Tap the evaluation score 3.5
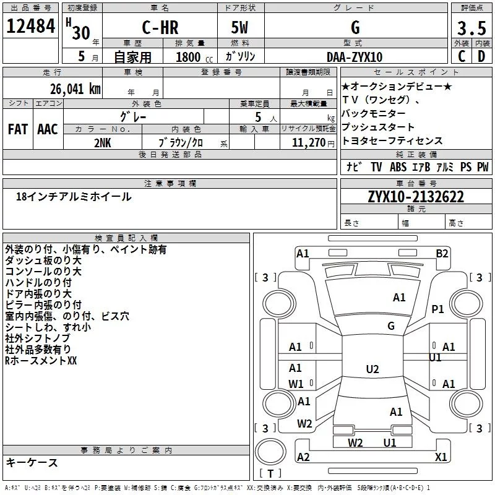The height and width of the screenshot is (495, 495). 471,28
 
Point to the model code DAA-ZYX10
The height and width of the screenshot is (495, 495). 355,56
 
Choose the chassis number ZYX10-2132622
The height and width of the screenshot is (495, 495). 416,197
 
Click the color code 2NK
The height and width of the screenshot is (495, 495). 103,142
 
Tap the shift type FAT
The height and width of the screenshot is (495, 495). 17,129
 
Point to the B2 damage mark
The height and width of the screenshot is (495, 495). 442,253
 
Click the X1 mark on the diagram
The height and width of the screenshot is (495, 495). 441,457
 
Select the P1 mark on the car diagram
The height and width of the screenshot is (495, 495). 438,309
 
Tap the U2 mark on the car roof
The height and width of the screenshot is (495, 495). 372,369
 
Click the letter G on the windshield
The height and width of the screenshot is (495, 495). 390,325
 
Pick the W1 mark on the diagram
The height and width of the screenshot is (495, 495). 296,384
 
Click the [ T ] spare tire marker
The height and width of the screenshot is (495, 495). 271,474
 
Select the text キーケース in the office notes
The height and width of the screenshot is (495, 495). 32,462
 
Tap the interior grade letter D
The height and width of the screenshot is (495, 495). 481,56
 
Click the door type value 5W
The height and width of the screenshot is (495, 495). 239,28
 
